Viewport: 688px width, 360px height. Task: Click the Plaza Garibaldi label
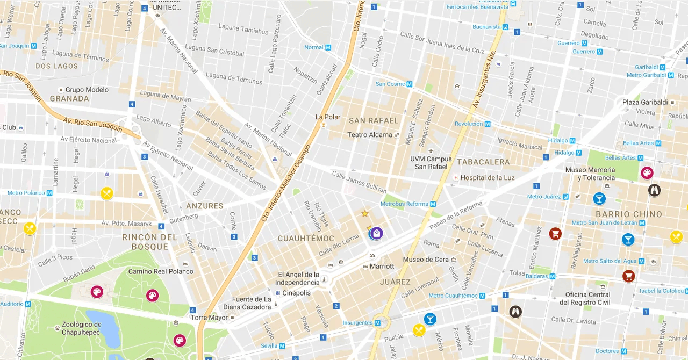coord(644,102)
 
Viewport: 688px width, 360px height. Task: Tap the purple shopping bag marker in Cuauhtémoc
coord(377,233)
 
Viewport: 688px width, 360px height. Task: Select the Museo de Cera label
coord(425,260)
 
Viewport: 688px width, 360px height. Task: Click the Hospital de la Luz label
coord(488,178)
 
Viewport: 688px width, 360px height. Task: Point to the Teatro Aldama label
coord(370,135)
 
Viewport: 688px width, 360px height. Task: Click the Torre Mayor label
coord(210,318)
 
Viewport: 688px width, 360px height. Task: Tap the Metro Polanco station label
coord(26,193)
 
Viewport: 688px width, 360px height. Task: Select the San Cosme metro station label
coord(390,84)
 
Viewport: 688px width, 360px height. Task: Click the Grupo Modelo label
coord(87,90)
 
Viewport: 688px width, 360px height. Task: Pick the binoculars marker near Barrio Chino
coord(654,190)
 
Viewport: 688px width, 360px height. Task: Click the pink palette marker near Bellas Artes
coord(647,173)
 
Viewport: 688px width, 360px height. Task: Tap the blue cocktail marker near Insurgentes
coord(430,319)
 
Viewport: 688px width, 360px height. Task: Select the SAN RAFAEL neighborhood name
coord(374,120)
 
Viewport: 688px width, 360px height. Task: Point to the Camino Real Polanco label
coord(160,271)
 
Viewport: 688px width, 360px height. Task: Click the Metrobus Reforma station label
coord(404,204)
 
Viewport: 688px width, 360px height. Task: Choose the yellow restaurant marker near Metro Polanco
coord(107,193)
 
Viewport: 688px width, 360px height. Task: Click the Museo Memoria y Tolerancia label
coord(590,174)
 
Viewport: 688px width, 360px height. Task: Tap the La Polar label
coord(327,117)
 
